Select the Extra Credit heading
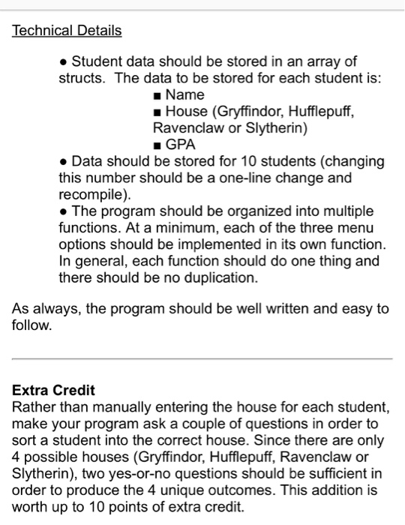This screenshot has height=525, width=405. pos(54,391)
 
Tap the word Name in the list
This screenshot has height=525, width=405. pos(184,95)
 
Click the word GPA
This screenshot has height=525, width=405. pos(181,144)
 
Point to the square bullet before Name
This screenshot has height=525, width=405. pos(157,96)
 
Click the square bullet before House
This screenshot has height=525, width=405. pos(157,112)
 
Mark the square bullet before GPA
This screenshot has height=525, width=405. pos(157,145)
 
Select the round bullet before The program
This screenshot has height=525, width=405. pos(64,211)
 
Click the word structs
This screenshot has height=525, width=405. pos(83,79)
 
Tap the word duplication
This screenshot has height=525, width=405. pos(218,277)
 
